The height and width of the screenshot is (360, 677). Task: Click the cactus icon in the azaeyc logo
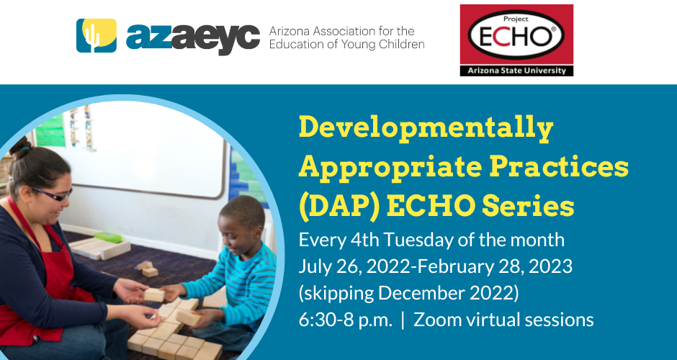click(x=97, y=35)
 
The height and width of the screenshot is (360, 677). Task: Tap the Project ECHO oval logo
click(x=516, y=35)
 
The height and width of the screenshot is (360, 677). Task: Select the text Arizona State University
click(x=516, y=71)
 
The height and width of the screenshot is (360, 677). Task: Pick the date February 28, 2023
click(x=495, y=267)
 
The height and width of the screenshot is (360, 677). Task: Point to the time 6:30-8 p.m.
click(x=346, y=320)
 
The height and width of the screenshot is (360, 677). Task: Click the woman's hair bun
click(x=20, y=148)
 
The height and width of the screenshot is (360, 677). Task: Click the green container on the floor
click(x=108, y=237)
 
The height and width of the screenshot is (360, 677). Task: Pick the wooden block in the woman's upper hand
click(x=154, y=294)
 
